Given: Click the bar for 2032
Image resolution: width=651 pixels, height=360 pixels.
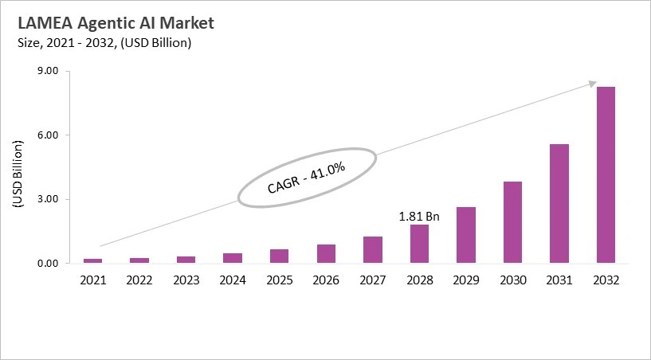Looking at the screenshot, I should tap(606, 174).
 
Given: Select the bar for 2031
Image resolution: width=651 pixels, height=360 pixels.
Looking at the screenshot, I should tap(559, 203).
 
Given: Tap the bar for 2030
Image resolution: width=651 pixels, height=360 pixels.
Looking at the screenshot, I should tap(512, 222).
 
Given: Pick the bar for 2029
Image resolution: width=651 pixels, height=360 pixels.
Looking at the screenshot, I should tap(466, 235).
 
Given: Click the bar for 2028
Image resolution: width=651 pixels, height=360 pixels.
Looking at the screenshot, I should tap(419, 244).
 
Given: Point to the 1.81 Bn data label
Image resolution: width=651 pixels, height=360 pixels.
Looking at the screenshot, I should tap(419, 216).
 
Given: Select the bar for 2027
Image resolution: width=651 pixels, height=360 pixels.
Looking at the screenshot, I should tap(373, 249).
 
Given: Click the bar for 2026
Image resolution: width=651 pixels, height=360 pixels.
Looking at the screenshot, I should tap(326, 253).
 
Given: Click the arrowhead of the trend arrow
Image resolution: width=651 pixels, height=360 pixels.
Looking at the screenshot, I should tap(593, 82).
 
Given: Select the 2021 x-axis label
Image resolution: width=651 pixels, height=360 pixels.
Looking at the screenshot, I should tap(93, 280).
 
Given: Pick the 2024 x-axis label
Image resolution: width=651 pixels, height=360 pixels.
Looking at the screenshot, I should tap(233, 280).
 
